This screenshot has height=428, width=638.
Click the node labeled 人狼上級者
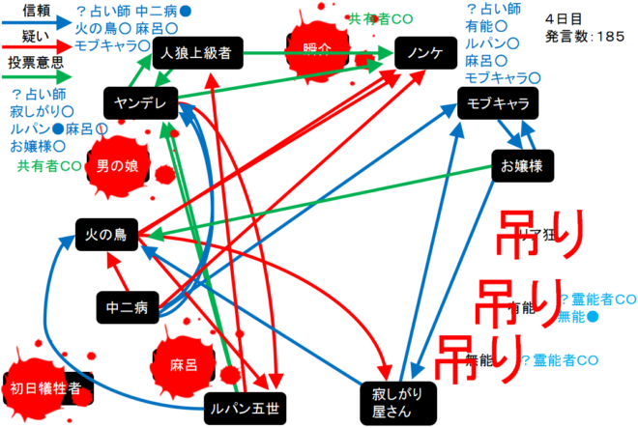pyautogui.click(x=196, y=52)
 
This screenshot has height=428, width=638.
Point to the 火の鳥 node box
pyautogui.click(x=107, y=234)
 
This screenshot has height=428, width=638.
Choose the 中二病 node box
pyautogui.click(x=128, y=308)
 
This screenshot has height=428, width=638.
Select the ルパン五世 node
pyautogui.click(x=245, y=410)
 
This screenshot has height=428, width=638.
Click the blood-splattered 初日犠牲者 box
pyautogui.click(x=45, y=388)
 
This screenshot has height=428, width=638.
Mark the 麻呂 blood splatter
pyautogui.click(x=184, y=365)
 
